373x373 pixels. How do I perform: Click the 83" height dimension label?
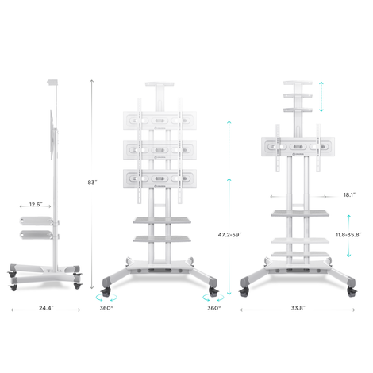click(92, 183)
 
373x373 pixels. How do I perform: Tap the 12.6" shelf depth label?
click(36, 205)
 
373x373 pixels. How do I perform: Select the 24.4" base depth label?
click(46, 308)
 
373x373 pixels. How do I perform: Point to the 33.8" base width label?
click(298, 308)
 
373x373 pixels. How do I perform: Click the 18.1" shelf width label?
click(349, 195)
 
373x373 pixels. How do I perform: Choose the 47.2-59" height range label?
click(229, 235)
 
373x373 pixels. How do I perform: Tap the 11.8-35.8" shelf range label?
click(348, 235)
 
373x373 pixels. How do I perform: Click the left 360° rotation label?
click(106, 308)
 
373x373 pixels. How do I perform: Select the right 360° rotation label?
click(214, 308)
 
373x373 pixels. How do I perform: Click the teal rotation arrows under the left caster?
click(106, 299)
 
